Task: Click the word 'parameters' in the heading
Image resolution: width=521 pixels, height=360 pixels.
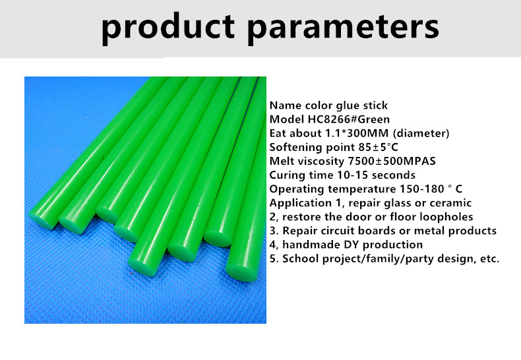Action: click(x=344, y=29)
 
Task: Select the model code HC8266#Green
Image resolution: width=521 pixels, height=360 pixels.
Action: click(x=349, y=119)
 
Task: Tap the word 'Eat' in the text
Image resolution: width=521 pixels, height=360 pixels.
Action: click(x=278, y=133)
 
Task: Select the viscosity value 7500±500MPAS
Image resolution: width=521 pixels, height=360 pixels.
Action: click(x=392, y=161)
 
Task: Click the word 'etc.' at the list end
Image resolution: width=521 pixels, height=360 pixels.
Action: click(x=490, y=259)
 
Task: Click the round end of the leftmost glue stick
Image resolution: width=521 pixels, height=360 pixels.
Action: click(x=42, y=220)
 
